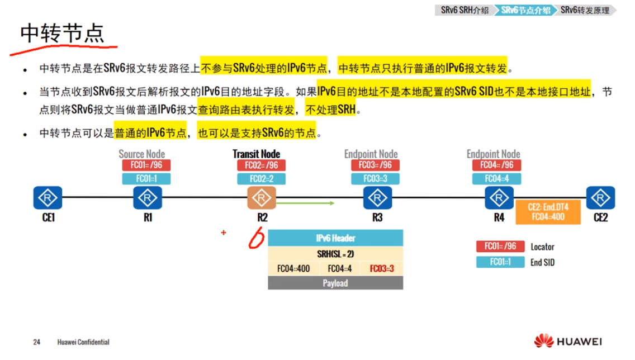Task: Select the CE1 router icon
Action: point(48,197)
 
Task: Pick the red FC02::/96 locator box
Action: point(261,165)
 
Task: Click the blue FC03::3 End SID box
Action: point(375,178)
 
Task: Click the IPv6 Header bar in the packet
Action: point(335,238)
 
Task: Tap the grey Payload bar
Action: point(335,283)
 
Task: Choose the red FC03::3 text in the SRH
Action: point(382,268)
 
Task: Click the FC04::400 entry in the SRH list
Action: point(293,268)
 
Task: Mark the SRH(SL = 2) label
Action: point(335,253)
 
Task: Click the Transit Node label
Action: point(256,154)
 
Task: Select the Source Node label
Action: point(141,154)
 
